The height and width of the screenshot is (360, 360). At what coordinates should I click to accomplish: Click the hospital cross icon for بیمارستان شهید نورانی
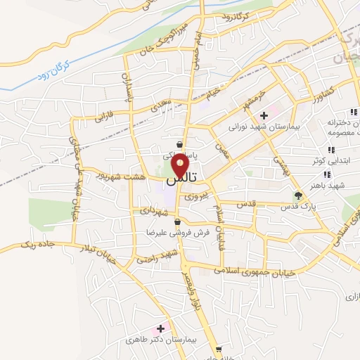pyautogui.click(x=264, y=115)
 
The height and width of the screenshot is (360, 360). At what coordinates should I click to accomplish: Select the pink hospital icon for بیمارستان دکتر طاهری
pyautogui.click(x=160, y=328)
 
